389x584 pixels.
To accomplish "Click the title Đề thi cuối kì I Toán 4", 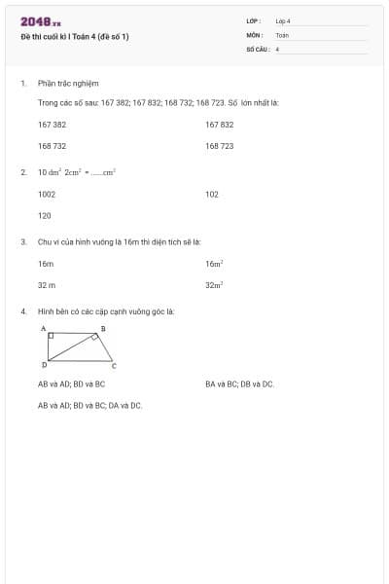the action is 75,37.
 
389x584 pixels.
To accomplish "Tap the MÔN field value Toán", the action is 282,35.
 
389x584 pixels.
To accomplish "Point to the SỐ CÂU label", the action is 257,49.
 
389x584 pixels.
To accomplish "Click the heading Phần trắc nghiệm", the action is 68,84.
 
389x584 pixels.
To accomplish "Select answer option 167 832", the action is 220,125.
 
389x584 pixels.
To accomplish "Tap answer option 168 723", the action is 220,146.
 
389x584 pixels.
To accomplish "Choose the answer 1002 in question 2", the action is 47,195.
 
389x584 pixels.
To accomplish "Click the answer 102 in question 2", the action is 212,195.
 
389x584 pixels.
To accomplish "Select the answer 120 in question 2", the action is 45,216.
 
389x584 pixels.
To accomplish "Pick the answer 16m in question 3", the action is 46,264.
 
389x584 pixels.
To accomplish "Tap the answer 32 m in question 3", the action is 47,285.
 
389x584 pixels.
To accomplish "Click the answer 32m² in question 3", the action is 215,285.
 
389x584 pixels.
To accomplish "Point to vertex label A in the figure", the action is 44,329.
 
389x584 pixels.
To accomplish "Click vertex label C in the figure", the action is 113,366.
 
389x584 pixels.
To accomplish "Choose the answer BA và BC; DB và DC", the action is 240,384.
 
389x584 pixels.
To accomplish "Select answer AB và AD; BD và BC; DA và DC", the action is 90,405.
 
